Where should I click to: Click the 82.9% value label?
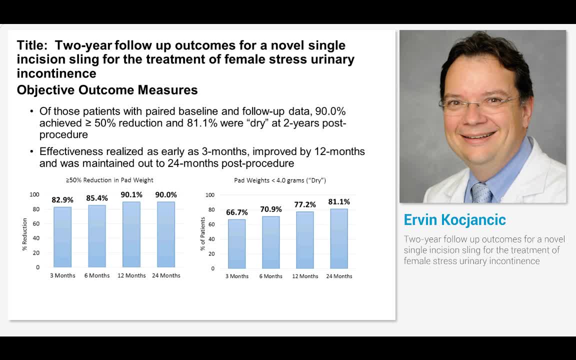[62, 200]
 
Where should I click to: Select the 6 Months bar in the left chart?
[97, 236]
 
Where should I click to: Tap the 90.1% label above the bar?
[131, 194]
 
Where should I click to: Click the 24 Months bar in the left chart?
[166, 234]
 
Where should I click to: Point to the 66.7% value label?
[237, 212]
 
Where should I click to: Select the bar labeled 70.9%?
[271, 242]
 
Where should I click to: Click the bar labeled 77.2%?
[305, 240]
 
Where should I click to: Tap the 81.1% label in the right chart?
[339, 202]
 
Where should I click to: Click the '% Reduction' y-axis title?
[24, 234]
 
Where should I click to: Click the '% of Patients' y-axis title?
[203, 234]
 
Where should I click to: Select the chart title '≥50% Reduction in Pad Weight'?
[109, 180]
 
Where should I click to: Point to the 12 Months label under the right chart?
[305, 276]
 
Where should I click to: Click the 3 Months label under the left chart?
[62, 275]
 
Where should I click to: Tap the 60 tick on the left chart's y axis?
[36, 223]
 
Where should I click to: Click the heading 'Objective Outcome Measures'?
[107, 90]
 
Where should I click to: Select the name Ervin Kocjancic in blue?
[454, 220]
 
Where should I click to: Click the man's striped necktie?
[481, 193]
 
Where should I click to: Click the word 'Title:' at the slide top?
[32, 45]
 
